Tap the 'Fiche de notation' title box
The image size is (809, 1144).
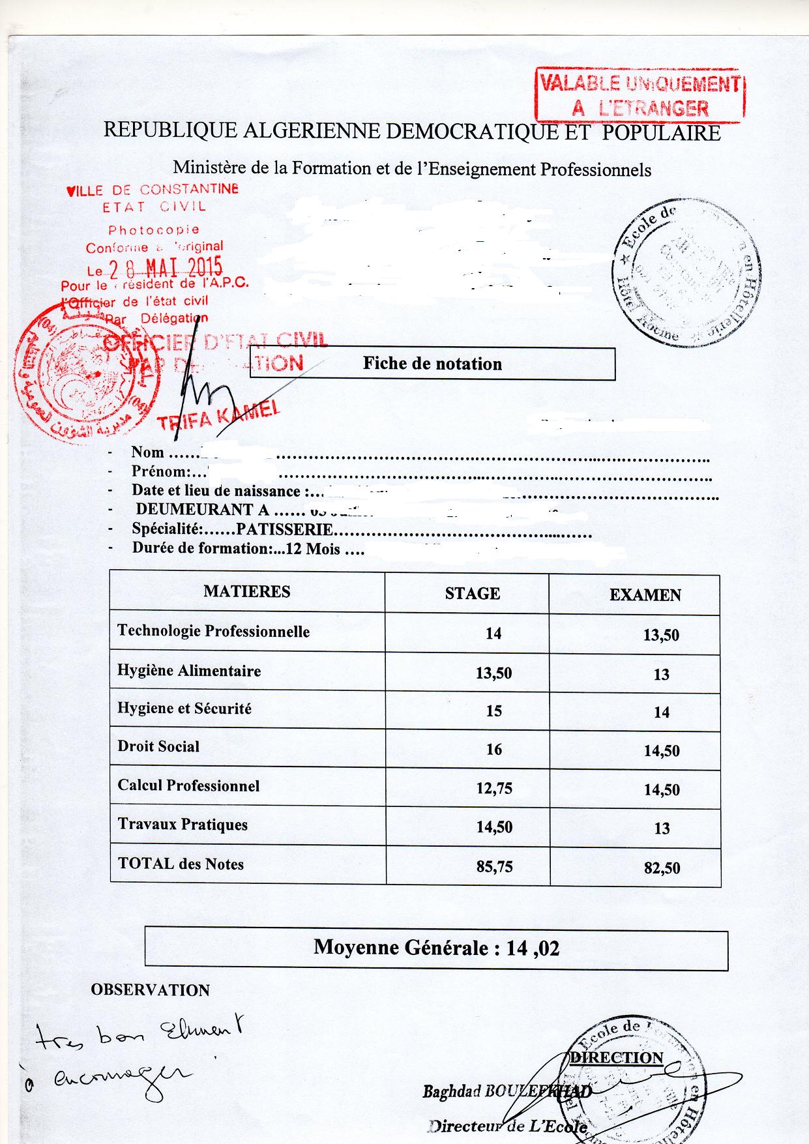click(x=432, y=363)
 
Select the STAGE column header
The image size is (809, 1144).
click(x=473, y=593)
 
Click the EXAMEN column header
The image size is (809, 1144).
click(x=645, y=594)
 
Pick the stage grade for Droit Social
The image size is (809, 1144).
click(x=494, y=750)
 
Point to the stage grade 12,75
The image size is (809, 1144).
click(x=494, y=789)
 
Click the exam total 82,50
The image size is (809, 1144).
click(x=662, y=868)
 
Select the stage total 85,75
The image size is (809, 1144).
click(x=494, y=866)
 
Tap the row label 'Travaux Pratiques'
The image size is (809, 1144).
click(x=183, y=825)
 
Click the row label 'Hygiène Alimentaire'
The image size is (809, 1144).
click(x=189, y=671)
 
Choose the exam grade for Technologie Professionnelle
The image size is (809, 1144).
click(x=661, y=635)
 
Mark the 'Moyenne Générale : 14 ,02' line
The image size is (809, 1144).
click(x=436, y=947)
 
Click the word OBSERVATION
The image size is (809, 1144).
click(x=150, y=990)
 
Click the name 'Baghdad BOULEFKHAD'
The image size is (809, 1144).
click(x=507, y=1091)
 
